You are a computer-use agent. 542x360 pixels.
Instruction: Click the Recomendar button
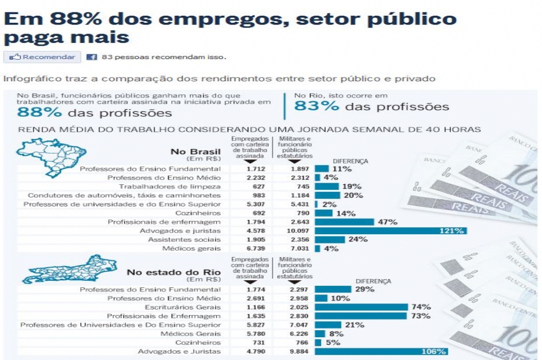click(42, 57)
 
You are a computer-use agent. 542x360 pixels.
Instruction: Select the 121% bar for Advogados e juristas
click(390, 230)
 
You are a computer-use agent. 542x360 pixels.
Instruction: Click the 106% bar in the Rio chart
click(381, 351)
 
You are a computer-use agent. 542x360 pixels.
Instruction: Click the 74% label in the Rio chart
click(421, 307)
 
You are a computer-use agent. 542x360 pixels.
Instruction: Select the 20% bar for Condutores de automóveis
click(327, 195)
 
